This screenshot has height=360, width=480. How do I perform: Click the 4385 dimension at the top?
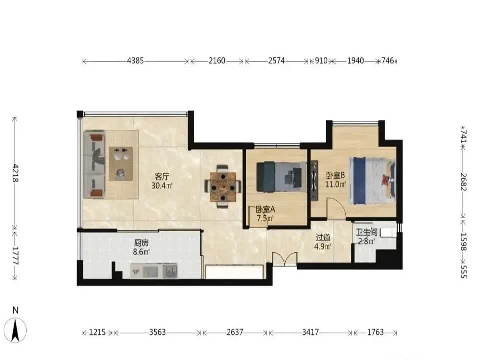[135, 61]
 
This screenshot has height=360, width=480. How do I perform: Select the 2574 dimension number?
[276, 61]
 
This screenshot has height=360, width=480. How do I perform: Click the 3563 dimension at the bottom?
[157, 332]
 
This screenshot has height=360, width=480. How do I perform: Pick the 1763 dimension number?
[375, 332]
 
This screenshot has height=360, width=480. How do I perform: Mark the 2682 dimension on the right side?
[464, 182]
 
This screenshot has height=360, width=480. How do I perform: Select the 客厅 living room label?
[162, 177]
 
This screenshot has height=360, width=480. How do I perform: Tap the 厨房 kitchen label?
[141, 243]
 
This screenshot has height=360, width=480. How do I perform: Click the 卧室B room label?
[336, 175]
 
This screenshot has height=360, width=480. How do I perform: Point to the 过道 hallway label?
[323, 237]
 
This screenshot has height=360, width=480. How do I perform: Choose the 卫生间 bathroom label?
[366, 232]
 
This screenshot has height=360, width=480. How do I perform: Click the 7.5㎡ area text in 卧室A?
[265, 218]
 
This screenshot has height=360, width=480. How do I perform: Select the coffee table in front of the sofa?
[121, 164]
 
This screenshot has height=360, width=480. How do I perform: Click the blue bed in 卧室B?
[372, 180]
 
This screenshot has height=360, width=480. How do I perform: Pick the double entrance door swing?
[285, 259]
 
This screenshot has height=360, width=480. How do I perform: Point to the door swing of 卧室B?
[336, 208]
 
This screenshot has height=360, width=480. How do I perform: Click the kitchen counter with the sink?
[154, 271]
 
